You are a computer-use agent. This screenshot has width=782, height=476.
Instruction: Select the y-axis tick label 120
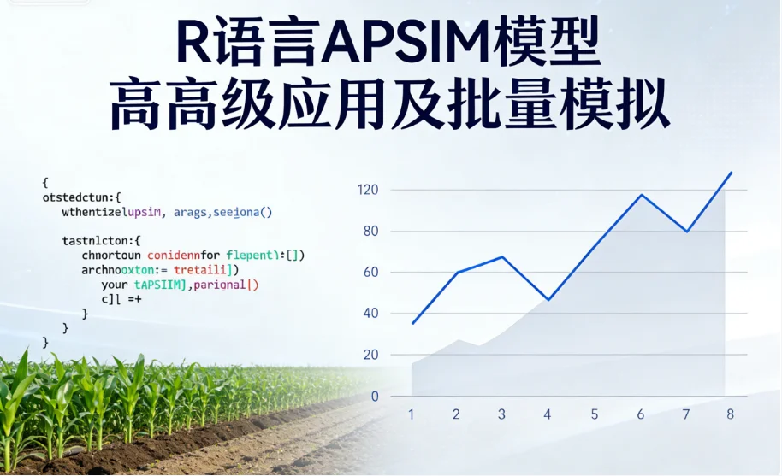tap(368, 190)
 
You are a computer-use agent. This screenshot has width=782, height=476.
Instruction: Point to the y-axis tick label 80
tap(371, 231)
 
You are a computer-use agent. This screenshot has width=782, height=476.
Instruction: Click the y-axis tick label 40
tap(371, 314)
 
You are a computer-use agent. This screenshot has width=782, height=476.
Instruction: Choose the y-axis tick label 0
tap(375, 397)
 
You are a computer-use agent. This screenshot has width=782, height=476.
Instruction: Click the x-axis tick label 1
tap(412, 414)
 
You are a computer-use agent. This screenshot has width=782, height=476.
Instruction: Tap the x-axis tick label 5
tap(595, 414)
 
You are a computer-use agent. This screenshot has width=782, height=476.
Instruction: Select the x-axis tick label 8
tap(730, 414)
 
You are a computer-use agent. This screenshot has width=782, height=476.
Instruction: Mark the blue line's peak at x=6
tap(641, 195)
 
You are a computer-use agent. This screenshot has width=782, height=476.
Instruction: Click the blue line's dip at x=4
tap(548, 300)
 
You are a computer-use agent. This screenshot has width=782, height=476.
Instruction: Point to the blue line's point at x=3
tap(502, 257)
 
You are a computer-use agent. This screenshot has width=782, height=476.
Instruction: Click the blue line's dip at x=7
tap(686, 232)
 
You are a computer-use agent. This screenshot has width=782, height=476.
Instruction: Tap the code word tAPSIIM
tap(159, 285)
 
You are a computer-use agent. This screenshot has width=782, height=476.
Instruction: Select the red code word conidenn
tap(177, 255)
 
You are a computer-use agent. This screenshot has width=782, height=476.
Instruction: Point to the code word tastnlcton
tap(97, 240)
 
